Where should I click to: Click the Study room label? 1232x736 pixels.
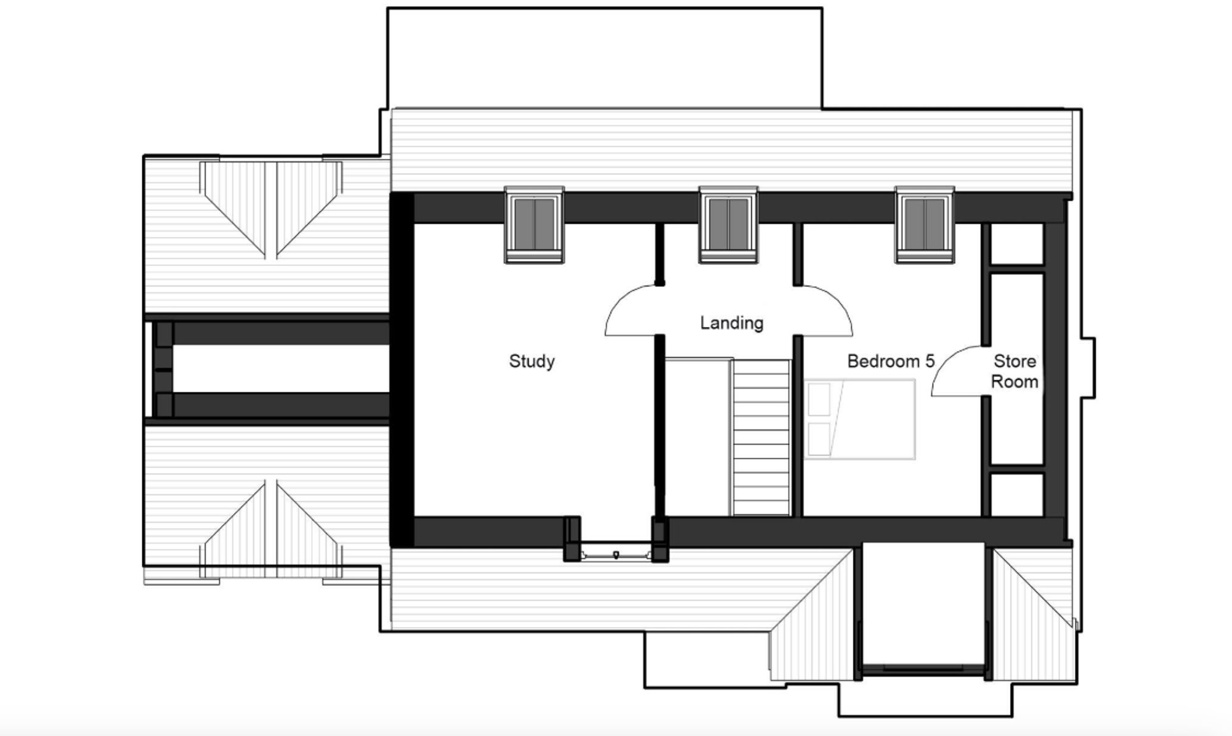coord(532,361)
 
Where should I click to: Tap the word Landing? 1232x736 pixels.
coord(731,323)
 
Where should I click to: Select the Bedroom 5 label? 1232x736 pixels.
coord(890,361)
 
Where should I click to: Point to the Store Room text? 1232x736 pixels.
coord(1014,371)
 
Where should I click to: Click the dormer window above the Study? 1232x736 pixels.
coord(534,224)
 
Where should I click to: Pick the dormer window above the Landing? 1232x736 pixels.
coord(728,224)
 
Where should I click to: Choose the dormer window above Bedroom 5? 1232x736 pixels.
coord(925,224)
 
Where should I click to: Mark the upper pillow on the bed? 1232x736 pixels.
coord(819,398)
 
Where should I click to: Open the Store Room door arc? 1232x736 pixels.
coord(956,372)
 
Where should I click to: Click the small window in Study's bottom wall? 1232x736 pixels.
coord(616,554)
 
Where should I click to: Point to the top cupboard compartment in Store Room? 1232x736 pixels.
coord(1016,244)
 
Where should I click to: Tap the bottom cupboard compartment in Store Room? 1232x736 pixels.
coord(1016,495)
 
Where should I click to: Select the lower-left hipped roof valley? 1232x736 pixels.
coord(271,530)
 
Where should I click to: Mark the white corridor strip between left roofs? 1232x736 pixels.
coord(280,368)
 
